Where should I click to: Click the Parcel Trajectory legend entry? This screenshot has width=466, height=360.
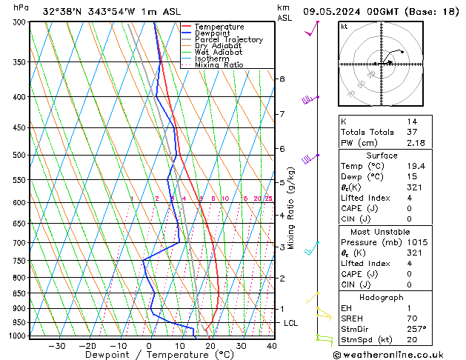(x=228, y=39)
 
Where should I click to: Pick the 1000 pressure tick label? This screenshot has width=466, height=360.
(x=14, y=336)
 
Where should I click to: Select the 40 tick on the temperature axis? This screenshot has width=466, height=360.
(x=271, y=346)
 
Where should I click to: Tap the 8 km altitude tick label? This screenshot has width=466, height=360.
(x=282, y=79)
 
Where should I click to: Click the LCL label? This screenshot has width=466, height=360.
(x=291, y=323)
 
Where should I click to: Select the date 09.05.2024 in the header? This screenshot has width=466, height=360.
(x=336, y=11)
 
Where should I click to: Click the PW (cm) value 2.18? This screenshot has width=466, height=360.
(x=414, y=142)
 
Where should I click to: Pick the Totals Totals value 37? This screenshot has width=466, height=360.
(x=411, y=132)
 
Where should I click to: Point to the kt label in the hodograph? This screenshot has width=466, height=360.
(x=344, y=27)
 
